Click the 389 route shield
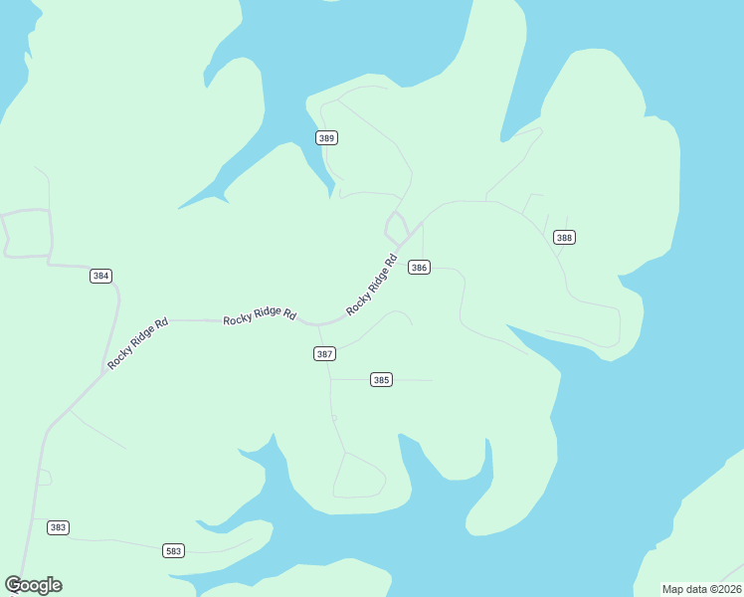326,137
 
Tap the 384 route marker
100,276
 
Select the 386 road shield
419,268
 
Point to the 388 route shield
564,237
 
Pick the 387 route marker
324,353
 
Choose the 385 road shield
381,379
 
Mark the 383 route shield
58,527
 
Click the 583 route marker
174,550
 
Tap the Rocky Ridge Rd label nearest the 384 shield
137,343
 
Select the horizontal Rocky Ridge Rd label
260,315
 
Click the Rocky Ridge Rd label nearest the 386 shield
372,286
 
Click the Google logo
33,585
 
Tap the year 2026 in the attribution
727,588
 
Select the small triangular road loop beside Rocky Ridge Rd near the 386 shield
396,228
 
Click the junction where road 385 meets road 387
330,379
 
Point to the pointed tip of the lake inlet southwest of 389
180,208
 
